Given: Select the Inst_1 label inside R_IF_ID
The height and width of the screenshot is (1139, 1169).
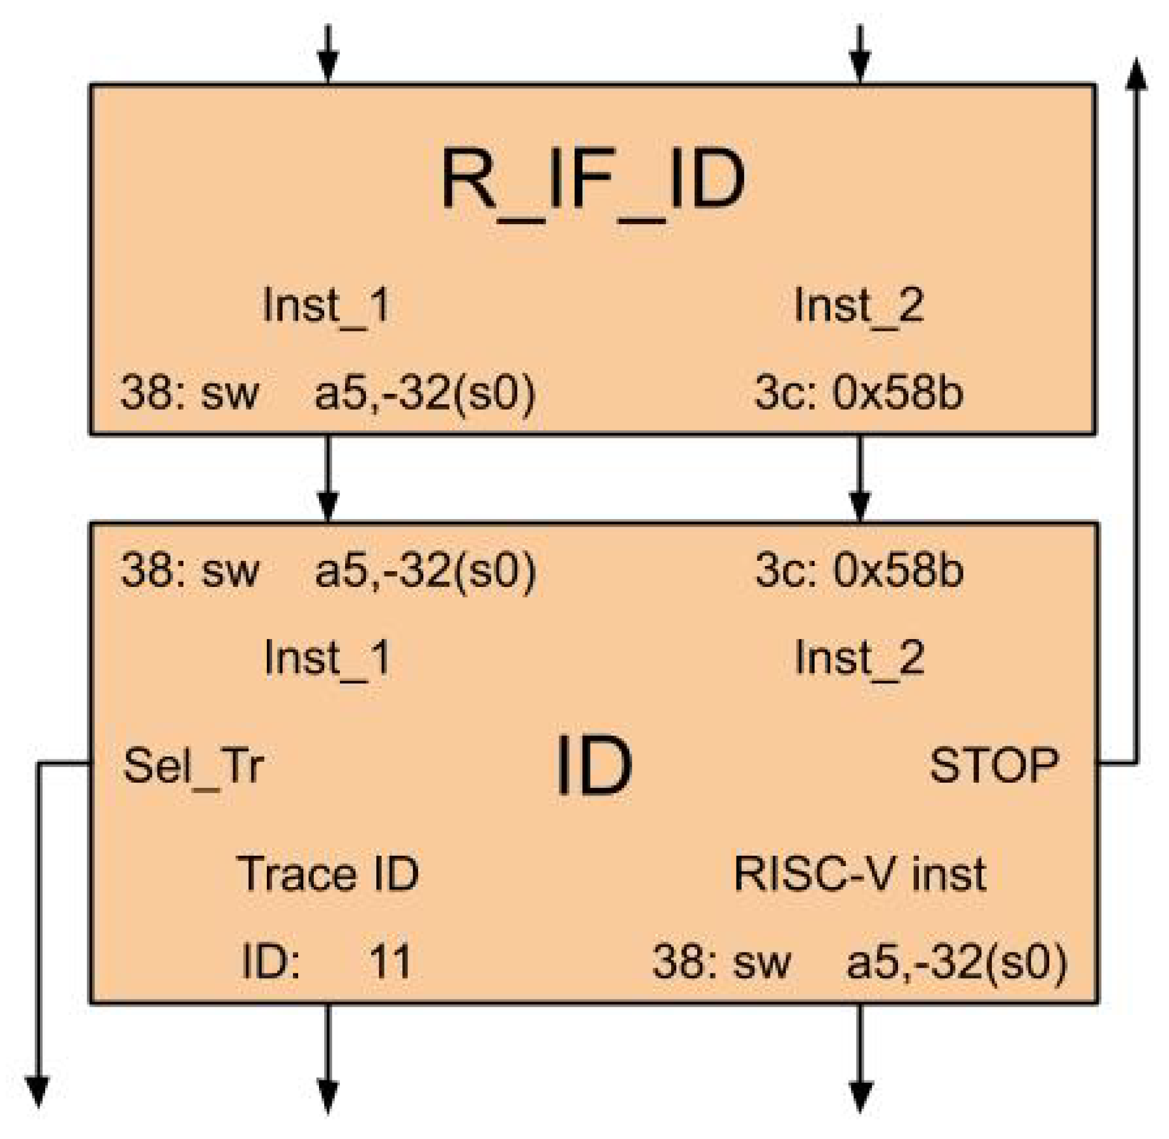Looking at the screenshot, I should pos(327,306).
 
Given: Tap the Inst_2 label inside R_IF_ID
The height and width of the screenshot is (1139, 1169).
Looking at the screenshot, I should pos(859,306).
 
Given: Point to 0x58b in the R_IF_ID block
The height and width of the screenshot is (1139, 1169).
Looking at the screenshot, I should pos(897,393).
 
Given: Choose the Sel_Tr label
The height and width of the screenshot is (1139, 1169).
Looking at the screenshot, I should pos(193,766).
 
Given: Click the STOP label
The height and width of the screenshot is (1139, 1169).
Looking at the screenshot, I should pos(994,765).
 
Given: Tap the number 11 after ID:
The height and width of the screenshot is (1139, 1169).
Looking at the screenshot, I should pos(390,961).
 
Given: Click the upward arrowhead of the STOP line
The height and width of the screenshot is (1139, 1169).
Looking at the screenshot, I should pos(1135,75).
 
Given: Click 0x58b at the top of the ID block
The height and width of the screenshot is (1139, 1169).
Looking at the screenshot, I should pos(898,570).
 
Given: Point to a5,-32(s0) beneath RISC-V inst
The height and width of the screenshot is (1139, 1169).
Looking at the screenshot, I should pos(957,961).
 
